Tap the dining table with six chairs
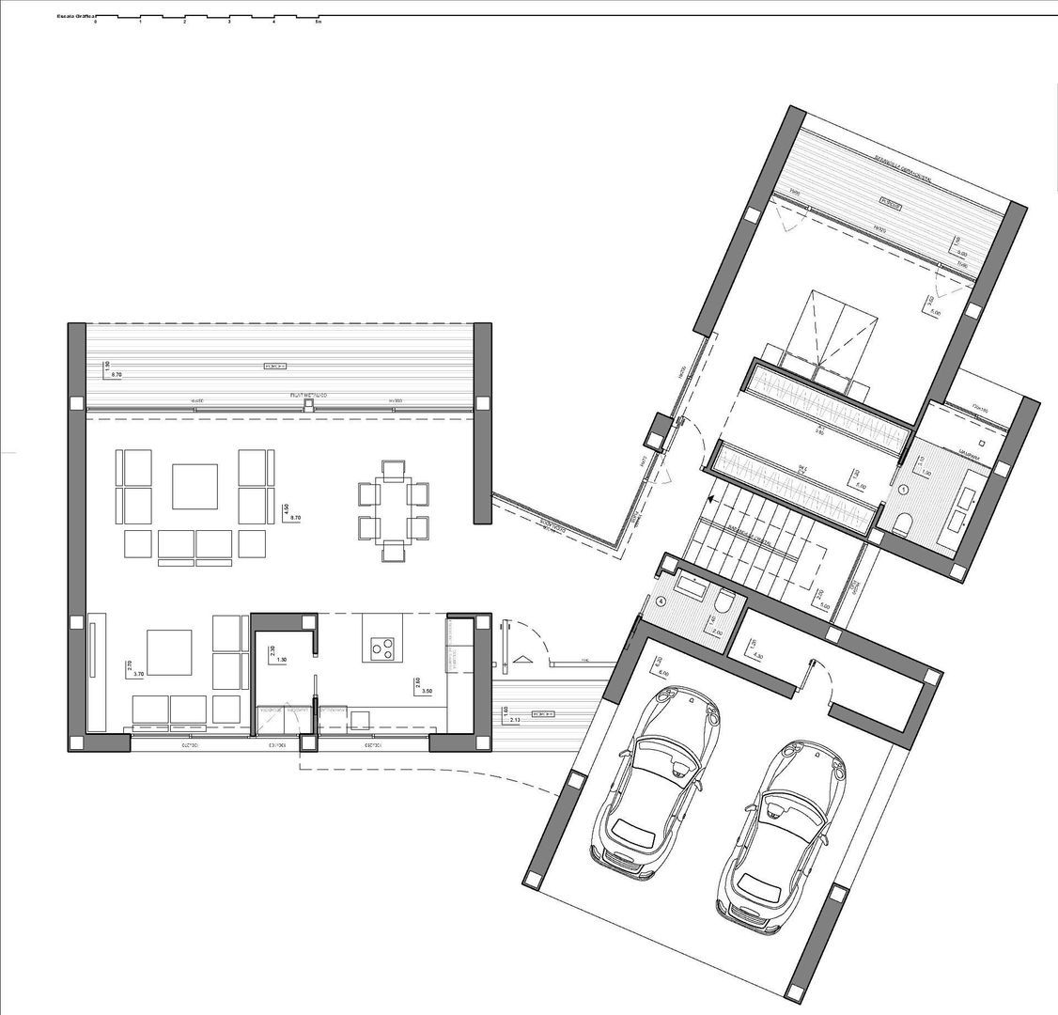(x=393, y=508)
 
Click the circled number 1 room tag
(x=903, y=490)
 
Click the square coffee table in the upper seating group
(x=194, y=486)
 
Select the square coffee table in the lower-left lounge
(x=169, y=652)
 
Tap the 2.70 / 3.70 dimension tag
(x=132, y=668)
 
